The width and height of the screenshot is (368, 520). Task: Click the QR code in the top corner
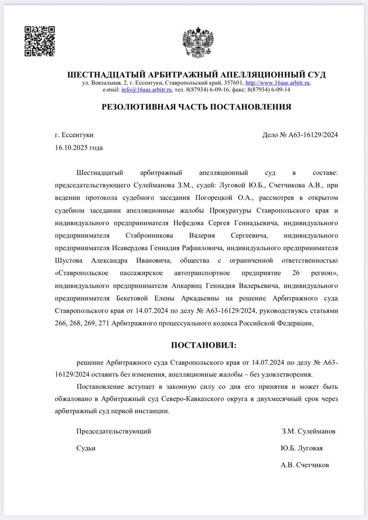click(40, 41)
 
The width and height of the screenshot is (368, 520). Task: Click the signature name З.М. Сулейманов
click(309, 431)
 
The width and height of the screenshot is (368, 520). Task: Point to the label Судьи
click(86, 448)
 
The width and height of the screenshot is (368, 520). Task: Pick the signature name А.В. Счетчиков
click(305, 465)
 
